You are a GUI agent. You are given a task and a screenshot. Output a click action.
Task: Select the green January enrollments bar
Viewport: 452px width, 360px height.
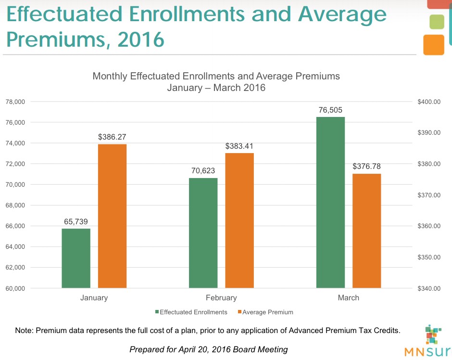pos(76,258)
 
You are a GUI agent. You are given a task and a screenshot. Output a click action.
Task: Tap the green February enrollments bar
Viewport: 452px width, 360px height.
pos(203,233)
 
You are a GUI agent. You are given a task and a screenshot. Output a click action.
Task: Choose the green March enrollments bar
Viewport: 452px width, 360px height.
pos(330,202)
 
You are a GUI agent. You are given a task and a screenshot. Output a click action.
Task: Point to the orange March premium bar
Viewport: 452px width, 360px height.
pos(366,231)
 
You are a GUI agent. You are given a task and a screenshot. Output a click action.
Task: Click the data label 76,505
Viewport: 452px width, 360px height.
pos(330,110)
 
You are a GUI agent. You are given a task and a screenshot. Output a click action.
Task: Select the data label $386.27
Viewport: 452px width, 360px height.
pos(112,137)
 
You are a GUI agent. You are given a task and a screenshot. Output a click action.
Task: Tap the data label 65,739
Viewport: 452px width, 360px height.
pos(76,222)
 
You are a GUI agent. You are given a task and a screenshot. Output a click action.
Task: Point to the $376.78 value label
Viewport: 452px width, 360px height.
pos(366,167)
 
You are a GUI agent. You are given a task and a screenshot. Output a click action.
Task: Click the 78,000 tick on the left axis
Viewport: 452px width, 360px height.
pos(15,102)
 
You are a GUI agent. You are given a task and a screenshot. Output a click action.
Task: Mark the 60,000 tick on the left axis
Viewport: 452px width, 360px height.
pos(15,288)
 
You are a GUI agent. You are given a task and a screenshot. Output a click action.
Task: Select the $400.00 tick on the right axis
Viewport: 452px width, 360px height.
pos(427,102)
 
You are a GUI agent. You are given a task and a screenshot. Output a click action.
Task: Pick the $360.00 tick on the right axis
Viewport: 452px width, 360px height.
pos(427,226)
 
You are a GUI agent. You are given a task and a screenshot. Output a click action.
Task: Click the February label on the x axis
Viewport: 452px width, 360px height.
pos(221,297)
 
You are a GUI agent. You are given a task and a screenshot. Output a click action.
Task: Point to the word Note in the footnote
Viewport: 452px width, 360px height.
pos(24,331)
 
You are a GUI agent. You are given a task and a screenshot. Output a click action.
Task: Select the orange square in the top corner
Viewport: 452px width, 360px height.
pos(434,45)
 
